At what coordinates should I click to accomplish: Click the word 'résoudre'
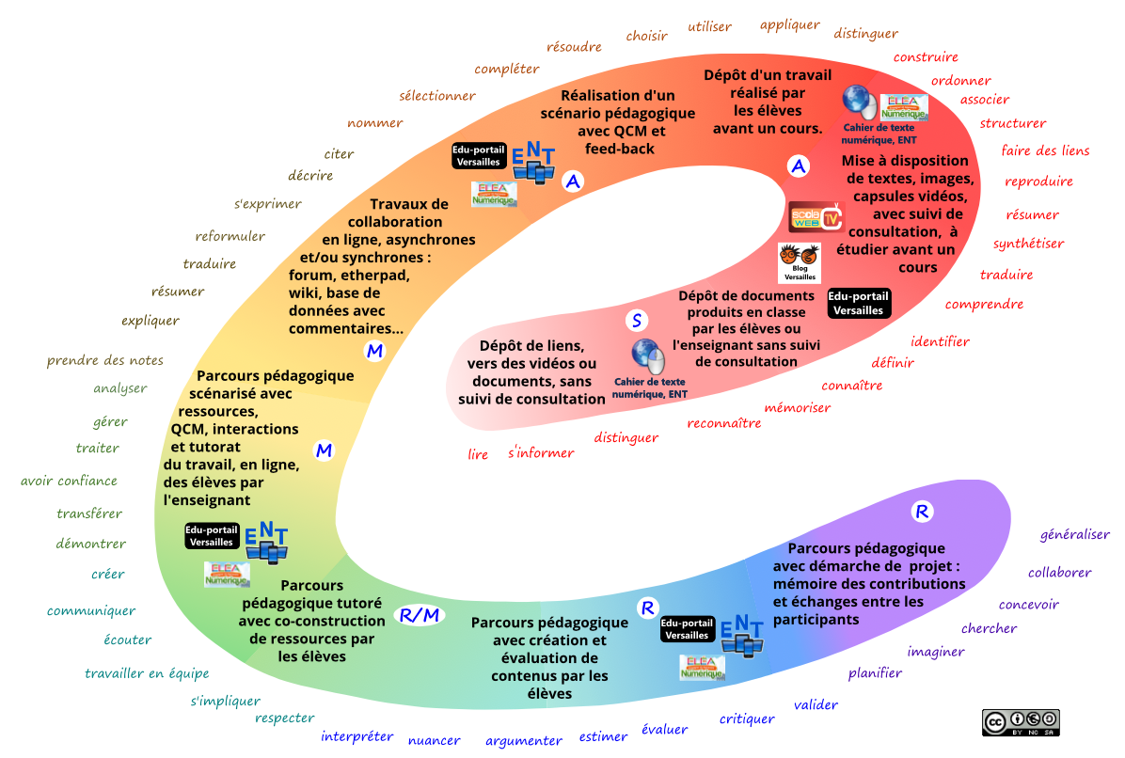point(575,47)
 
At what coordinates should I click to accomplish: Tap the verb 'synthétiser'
point(1028,244)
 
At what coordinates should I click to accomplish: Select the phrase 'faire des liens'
point(1045,150)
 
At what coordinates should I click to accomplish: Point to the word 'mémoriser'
point(797,407)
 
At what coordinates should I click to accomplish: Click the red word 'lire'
point(478,455)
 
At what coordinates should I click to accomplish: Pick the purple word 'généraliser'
point(1074,534)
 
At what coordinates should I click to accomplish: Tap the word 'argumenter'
point(523,741)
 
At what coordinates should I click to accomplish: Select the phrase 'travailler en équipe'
point(147,673)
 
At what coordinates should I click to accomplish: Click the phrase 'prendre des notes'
point(104,360)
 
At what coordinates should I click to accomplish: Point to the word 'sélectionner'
point(436,96)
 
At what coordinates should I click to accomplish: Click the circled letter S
point(637,321)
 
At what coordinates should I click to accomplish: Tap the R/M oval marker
point(420,615)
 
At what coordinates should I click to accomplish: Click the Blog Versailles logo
point(800,263)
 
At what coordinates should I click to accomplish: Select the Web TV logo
point(815,217)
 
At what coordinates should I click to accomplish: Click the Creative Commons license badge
point(1021,722)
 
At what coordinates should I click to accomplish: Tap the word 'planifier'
point(875,673)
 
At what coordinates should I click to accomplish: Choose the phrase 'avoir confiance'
point(69,482)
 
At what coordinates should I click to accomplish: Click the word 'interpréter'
point(357,736)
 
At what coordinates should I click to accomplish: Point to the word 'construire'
point(926,57)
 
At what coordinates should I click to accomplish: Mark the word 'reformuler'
point(230,236)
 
